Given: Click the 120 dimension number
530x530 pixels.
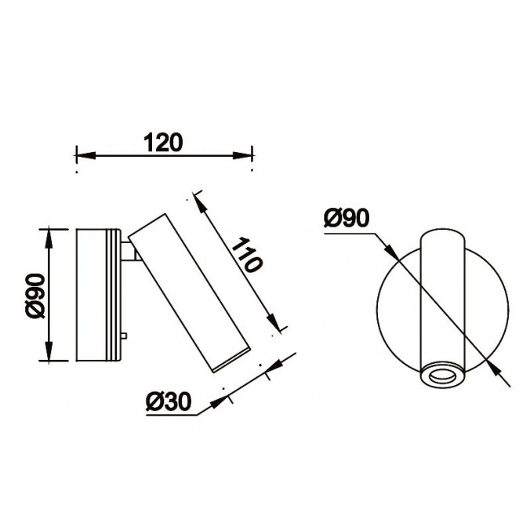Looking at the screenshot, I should [163, 142].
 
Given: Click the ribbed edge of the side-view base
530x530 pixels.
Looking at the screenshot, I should [117, 296].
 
